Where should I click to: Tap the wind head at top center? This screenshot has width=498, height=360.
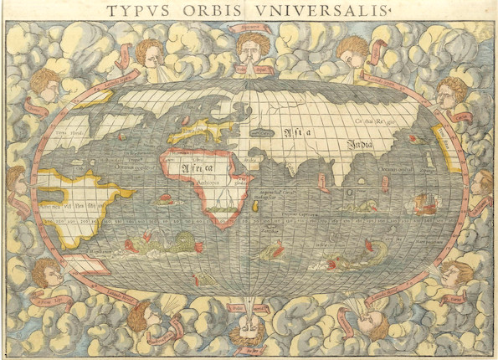pyautogui.click(x=252, y=50)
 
